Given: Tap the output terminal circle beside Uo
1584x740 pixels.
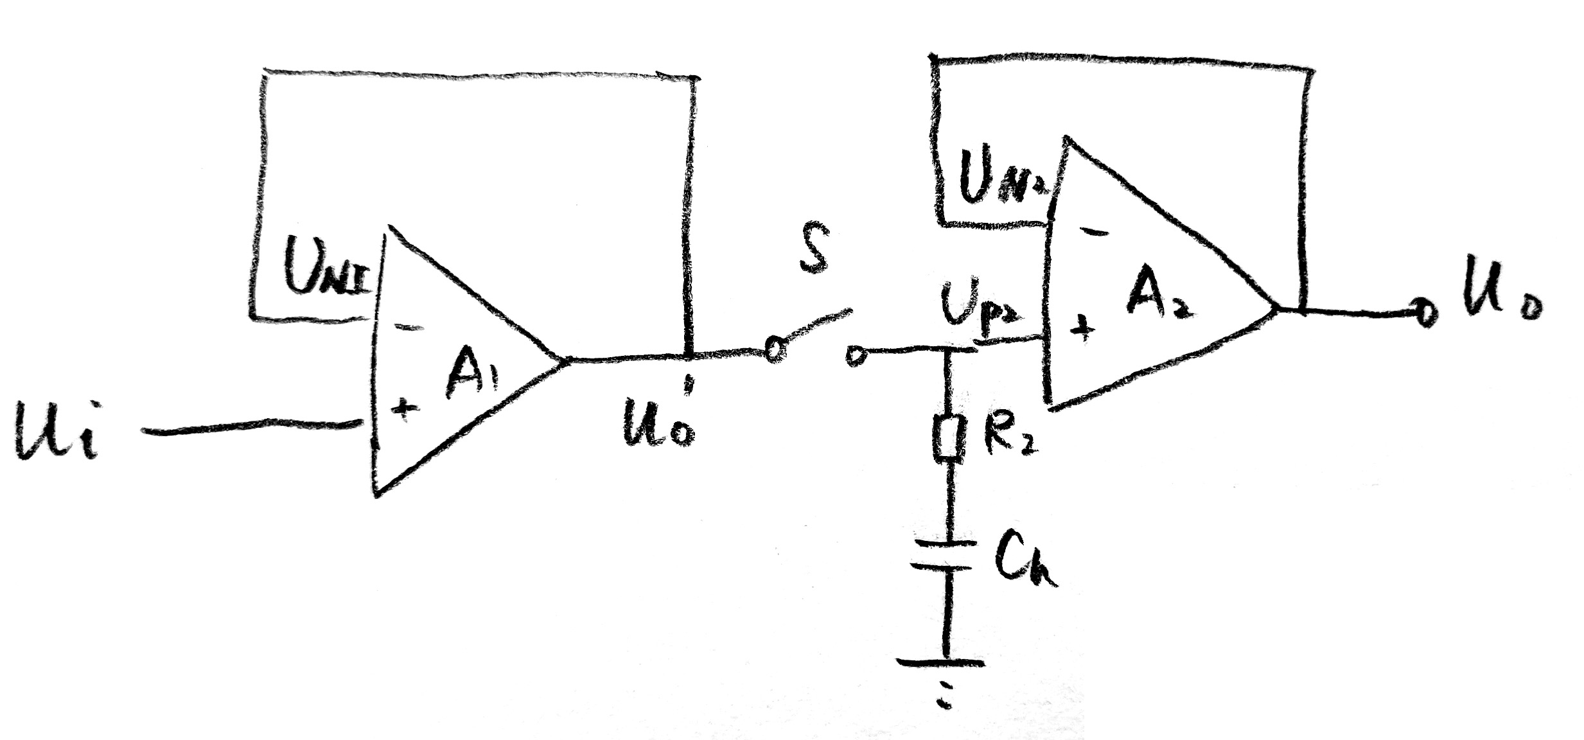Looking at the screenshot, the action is click(1425, 313).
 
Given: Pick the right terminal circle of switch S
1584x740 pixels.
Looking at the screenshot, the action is click(855, 355).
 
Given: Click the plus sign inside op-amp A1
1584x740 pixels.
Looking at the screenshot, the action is click(403, 407).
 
